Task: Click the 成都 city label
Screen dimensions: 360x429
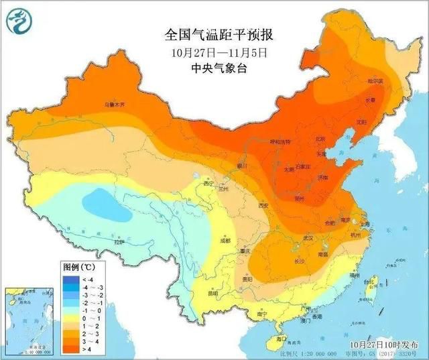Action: point(223,240)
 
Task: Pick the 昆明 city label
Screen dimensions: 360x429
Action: point(213,293)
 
